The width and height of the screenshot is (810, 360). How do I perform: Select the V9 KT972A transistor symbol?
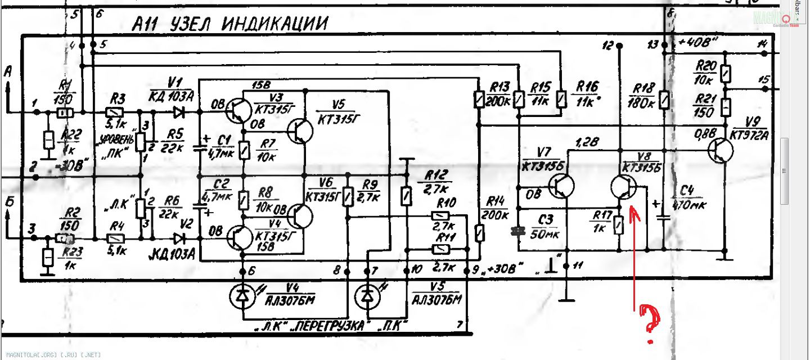[x=721, y=151]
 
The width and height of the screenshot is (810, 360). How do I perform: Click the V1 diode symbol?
[x=179, y=112]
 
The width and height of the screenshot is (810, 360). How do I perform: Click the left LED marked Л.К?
[x=242, y=296]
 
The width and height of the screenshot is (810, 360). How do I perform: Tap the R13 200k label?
[x=499, y=93]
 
